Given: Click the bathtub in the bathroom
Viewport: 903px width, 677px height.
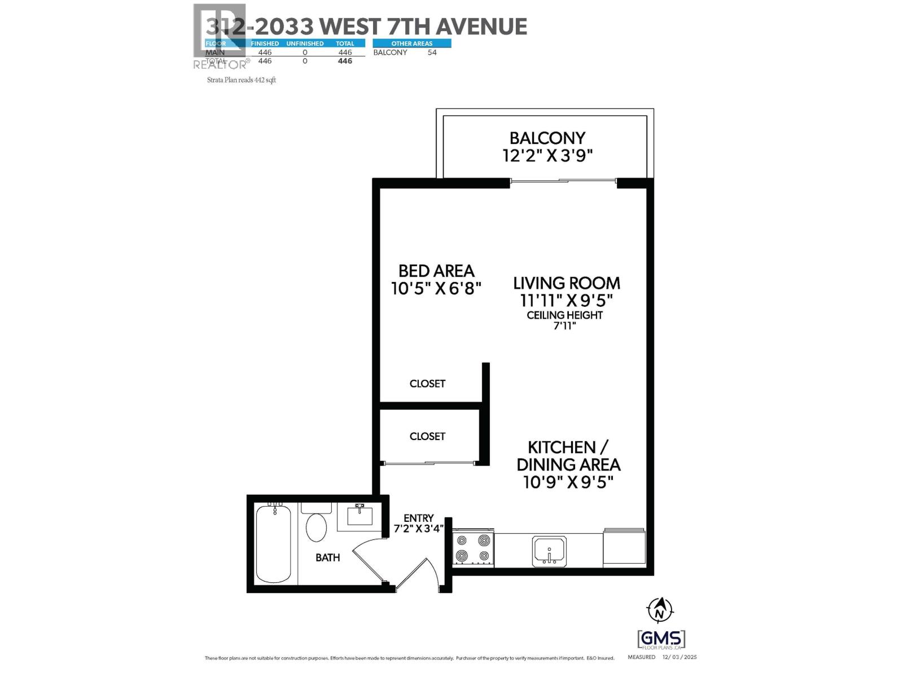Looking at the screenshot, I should pos(274,544).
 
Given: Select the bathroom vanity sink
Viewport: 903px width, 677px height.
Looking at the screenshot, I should pos(360,516).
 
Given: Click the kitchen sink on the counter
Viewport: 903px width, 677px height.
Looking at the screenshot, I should pos(549,551).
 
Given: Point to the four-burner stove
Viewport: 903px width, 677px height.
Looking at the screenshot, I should pos(473,548).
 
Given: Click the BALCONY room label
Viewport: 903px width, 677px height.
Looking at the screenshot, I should pos(547,138).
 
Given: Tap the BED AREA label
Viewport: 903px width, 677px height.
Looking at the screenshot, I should pos(436,271).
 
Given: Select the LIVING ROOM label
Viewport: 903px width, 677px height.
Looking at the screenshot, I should pos(566,283).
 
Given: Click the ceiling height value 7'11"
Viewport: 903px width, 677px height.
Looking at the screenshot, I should pos(564,326).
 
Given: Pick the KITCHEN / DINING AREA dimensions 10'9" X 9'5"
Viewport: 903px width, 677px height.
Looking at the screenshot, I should pos(568,482).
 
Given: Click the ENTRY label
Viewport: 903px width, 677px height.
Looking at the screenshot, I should pos(418,518).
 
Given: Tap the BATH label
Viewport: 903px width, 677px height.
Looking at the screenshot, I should pos(327,557).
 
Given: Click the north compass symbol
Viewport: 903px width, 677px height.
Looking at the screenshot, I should pos(660,610).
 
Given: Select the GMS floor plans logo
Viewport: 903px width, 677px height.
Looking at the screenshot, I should pos(661,639).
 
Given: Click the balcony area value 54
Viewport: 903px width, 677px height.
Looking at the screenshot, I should pos(432,52).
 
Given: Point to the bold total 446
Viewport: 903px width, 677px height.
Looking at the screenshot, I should pos(345,61).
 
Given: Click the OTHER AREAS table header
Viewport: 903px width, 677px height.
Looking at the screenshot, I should pos(412,43).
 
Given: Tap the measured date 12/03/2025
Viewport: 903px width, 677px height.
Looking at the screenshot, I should pos(680,657).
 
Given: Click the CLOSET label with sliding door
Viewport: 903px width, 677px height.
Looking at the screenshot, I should pos(427,436).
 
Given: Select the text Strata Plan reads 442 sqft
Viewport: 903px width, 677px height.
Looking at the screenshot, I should pos(242,80).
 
